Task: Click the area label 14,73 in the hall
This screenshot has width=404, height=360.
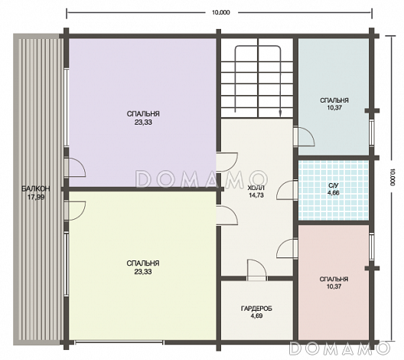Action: click(256, 195)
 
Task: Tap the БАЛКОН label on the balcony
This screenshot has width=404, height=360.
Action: click(35, 188)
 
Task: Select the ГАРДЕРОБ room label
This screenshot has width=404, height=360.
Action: click(256, 309)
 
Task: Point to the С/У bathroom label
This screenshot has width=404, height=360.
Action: click(334, 185)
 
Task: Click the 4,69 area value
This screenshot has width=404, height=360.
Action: click(256, 316)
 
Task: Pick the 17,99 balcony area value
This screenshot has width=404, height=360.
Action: click(36, 198)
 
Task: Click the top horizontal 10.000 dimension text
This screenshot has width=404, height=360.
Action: click(221, 12)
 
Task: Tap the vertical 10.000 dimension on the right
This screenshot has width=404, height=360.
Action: click(393, 177)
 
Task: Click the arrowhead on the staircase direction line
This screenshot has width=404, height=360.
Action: click(280, 113)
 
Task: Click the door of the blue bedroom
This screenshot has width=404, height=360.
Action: click(305, 136)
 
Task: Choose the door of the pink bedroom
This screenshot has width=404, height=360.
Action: click(287, 249)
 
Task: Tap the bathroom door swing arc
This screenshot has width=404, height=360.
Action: click(287, 190)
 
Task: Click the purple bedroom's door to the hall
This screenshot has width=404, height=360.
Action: click(227, 162)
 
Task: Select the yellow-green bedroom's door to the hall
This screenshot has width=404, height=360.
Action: click(227, 215)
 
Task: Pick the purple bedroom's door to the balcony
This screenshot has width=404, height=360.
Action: click(75, 167)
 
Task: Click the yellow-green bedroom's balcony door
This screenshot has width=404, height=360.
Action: click(75, 211)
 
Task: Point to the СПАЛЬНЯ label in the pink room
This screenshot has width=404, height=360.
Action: click(334, 279)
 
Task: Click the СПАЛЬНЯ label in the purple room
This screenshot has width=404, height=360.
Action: click(143, 113)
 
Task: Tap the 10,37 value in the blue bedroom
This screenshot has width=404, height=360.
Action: click(334, 107)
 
